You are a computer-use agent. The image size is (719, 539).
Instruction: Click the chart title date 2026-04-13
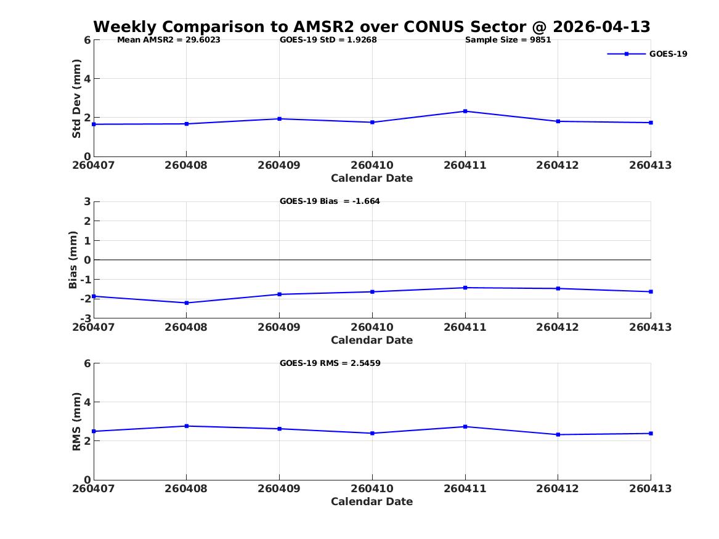(601, 27)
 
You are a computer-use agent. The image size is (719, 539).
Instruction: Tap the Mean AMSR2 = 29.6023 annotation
(169, 40)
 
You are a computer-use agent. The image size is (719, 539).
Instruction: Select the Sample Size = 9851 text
(508, 40)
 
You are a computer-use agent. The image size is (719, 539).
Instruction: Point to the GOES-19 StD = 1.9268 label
(328, 40)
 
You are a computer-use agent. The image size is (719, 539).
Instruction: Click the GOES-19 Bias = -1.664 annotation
(330, 201)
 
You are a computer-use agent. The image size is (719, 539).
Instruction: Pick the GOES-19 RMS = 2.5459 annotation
(330, 363)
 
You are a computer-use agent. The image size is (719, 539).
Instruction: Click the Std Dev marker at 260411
(465, 111)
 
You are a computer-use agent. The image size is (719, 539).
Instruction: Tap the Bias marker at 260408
(186, 303)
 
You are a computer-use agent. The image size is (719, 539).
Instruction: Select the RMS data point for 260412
(558, 434)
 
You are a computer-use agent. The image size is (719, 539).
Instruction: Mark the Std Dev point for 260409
(279, 119)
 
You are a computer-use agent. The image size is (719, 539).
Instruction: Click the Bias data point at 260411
(465, 288)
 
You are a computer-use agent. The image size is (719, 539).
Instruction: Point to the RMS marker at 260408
(186, 426)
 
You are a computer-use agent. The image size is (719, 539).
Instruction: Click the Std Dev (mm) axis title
(76, 99)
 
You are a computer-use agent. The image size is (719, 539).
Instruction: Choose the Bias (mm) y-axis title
(73, 260)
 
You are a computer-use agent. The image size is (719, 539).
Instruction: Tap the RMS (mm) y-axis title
(76, 422)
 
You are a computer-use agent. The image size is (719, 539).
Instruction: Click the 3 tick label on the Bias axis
(87, 201)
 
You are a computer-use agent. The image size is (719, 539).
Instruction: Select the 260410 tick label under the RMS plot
(372, 488)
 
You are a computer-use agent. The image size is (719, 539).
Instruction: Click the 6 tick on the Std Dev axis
(87, 40)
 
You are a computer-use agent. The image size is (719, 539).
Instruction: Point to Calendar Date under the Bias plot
(372, 340)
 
